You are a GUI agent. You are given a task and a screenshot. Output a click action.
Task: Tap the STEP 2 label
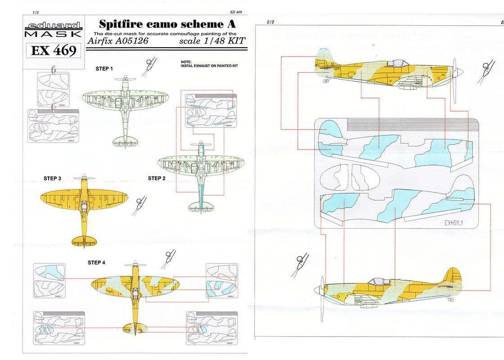157,178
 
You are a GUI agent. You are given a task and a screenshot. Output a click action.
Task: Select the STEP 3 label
52,178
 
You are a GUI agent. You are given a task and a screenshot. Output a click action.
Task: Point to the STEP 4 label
96,262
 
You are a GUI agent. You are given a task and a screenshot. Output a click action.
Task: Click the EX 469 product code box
54,51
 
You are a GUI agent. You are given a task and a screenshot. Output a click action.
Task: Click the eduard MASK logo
53,30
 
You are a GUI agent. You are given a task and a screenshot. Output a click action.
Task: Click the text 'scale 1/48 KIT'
211,41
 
